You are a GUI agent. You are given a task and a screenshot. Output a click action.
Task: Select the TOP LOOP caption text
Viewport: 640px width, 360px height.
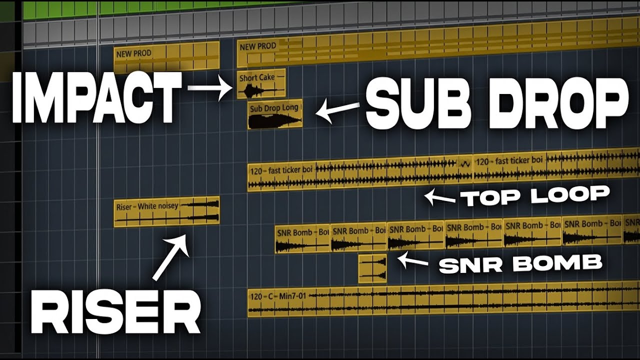(535, 196)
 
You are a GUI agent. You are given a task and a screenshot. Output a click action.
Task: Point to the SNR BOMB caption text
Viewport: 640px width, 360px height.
(520, 263)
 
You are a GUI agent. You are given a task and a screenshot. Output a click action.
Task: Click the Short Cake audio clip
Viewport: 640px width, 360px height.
(261, 83)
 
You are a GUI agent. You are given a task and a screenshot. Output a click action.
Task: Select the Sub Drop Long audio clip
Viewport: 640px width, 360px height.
(275, 114)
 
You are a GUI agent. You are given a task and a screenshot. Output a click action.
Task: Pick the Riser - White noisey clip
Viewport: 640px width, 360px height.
(166, 212)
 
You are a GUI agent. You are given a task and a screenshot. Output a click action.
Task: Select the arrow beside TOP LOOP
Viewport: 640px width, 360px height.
(439, 197)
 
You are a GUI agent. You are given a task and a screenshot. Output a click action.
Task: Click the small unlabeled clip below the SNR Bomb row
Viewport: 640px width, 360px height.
(372, 268)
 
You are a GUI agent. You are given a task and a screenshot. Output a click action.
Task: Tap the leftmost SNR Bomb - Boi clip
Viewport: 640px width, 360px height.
(302, 238)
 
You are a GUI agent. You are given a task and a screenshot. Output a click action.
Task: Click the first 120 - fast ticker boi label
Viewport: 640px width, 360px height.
(282, 170)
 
